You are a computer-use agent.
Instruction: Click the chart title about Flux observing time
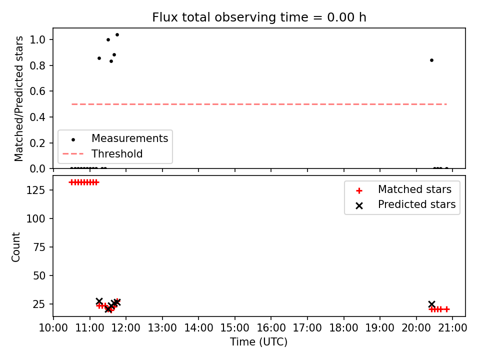point(259,17)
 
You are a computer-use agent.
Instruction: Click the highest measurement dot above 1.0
point(117,35)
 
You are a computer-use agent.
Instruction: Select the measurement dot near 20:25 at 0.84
point(431,60)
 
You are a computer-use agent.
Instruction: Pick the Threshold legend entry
point(103,153)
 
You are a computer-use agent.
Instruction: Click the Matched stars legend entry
point(403,189)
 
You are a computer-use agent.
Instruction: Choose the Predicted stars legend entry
point(405,204)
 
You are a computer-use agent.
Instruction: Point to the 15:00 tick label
point(235,328)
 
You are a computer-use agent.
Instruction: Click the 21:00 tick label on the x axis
point(452,328)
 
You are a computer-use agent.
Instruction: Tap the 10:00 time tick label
point(53,328)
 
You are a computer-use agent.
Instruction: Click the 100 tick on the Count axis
point(36,218)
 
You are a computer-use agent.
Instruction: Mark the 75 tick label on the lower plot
point(39,247)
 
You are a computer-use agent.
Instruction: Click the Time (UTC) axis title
point(259,342)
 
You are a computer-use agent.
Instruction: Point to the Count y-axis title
point(15,247)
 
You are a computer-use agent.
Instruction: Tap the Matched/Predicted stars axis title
point(18,98)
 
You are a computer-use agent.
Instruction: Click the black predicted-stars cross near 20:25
point(431,304)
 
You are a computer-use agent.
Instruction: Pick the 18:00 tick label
point(343,328)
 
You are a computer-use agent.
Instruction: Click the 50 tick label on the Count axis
point(39,275)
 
